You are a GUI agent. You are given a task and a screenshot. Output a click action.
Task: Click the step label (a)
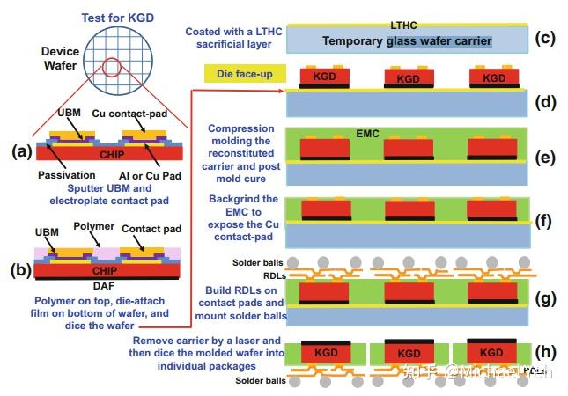click(x=21, y=150)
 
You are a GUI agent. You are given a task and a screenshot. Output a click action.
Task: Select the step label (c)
click(x=546, y=38)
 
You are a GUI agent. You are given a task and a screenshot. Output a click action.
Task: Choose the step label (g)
click(x=546, y=298)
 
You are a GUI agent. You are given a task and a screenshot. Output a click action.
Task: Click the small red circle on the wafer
click(x=113, y=68)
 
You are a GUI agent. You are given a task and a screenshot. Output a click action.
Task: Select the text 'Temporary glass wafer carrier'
click(x=407, y=40)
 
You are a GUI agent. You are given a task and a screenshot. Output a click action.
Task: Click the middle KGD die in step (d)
click(x=408, y=77)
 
